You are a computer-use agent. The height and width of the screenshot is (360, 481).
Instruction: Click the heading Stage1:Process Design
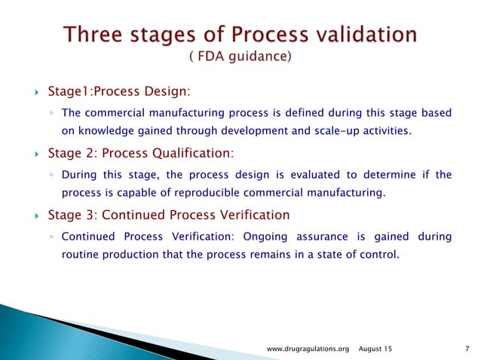(118, 92)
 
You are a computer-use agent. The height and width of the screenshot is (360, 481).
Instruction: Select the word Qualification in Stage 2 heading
(188, 154)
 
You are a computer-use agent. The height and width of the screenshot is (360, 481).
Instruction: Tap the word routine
(78, 255)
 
